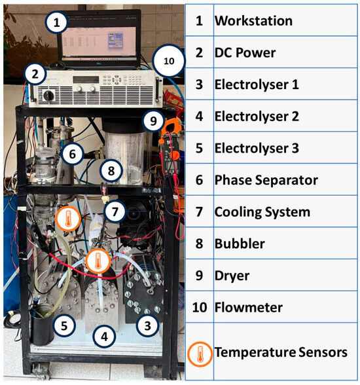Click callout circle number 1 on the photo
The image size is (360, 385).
point(56,22)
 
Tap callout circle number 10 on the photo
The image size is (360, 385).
point(169,61)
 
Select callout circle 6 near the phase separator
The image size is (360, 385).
point(72,154)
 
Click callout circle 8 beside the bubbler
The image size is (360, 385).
point(111,171)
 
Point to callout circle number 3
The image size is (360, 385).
point(147,325)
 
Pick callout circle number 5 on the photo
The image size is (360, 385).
point(64,325)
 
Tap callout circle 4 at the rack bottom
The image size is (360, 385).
point(104,337)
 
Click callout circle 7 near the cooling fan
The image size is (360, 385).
point(115,211)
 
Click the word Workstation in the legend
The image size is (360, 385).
point(253,21)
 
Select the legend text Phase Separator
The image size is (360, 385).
point(266,180)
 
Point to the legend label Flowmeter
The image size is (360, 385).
point(249,307)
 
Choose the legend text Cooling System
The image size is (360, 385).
point(262,212)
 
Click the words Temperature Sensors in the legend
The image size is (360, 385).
point(281,352)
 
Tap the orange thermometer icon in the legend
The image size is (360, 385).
point(200,354)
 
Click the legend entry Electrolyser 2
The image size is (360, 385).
point(257,117)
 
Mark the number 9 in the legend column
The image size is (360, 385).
point(199,276)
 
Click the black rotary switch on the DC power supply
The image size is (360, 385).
point(48,96)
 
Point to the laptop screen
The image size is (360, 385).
point(99,41)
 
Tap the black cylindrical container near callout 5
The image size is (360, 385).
point(42,325)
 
